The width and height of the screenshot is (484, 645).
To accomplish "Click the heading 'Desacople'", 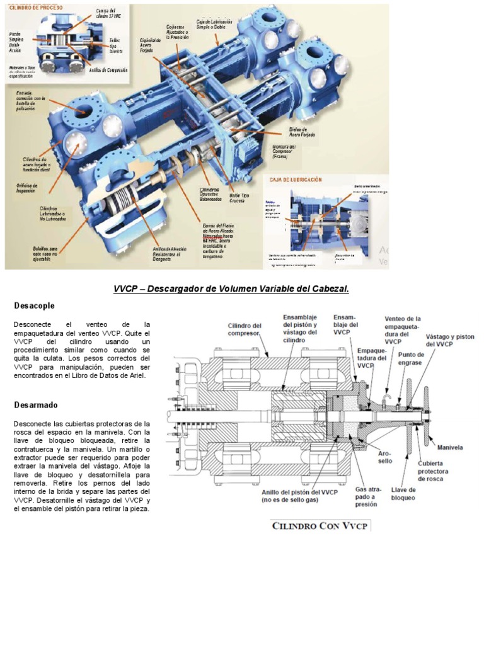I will pos(34,305).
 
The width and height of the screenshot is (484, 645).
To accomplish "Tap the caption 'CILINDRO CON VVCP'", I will pos(321,525).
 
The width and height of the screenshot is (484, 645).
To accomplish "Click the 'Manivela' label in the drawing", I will pos(450,447).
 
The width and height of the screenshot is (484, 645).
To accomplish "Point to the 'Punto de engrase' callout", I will pos(411,358).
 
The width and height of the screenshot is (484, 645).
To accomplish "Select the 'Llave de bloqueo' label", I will pos(403,493).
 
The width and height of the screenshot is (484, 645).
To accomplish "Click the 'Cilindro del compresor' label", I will pos(244,329).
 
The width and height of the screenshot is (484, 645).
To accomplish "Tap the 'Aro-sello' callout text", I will pos(384,457).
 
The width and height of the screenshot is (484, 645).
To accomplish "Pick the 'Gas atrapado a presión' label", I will pos(366,496).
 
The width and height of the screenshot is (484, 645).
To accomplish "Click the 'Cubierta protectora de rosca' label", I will pos(433,471).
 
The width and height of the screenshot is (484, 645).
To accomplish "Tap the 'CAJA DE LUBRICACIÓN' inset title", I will pos(296,180).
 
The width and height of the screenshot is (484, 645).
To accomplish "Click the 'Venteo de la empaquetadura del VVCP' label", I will pos(401,330).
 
